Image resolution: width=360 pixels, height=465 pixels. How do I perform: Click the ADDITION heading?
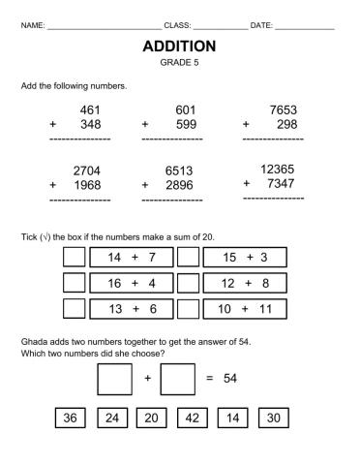(179, 46)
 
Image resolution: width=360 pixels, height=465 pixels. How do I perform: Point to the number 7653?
(282, 110)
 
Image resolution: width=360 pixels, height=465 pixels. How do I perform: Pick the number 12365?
(279, 170)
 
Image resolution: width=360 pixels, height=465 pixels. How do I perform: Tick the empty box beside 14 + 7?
(74, 257)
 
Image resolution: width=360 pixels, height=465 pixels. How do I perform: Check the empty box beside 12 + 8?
(188, 283)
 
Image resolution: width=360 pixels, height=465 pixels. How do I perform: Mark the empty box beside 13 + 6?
(74, 309)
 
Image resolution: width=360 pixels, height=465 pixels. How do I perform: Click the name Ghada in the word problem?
(34, 343)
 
